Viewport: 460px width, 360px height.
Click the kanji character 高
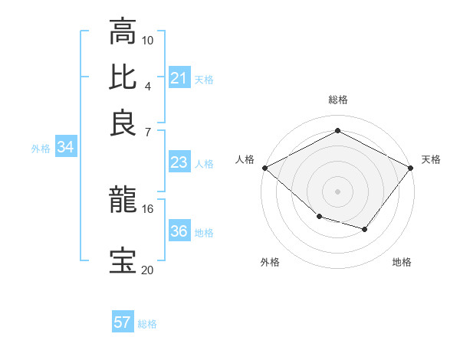(122, 31)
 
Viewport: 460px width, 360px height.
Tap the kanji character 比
(122, 77)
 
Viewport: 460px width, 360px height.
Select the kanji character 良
(122, 123)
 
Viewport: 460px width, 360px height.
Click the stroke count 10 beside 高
(148, 40)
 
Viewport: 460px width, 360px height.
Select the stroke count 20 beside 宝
(148, 269)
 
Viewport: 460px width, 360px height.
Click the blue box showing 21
(179, 78)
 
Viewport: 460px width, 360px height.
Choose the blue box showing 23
(179, 162)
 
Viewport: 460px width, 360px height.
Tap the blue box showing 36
(179, 231)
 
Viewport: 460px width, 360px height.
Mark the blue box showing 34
(65, 148)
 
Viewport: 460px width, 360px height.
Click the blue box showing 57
(122, 322)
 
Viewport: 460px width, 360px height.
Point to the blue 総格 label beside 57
(147, 324)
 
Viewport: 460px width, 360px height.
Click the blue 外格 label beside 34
(41, 149)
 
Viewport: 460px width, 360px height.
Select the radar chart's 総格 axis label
(337, 100)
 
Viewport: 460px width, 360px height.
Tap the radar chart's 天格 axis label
(431, 159)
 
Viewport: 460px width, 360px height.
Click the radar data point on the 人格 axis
(264, 168)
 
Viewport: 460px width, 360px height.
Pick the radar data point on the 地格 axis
(365, 229)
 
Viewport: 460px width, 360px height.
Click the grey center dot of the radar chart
(337, 191)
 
